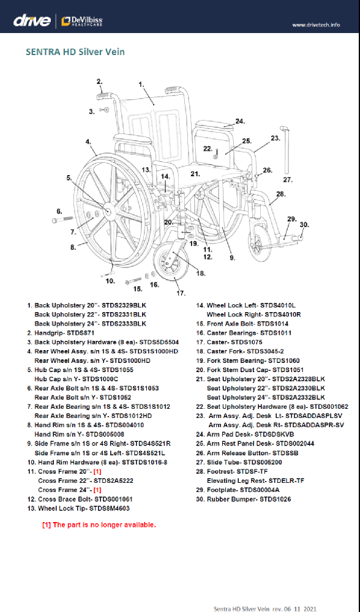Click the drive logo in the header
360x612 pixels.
coord(32,20)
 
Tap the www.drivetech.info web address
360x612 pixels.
coord(316,24)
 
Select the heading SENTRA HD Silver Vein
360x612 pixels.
coord(75,52)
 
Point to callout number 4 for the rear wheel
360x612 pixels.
coord(89,141)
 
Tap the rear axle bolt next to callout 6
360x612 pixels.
coord(62,220)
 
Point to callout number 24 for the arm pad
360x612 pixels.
coord(240,121)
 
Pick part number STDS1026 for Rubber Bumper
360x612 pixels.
coord(276,499)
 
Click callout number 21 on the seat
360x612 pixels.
coord(195,173)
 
